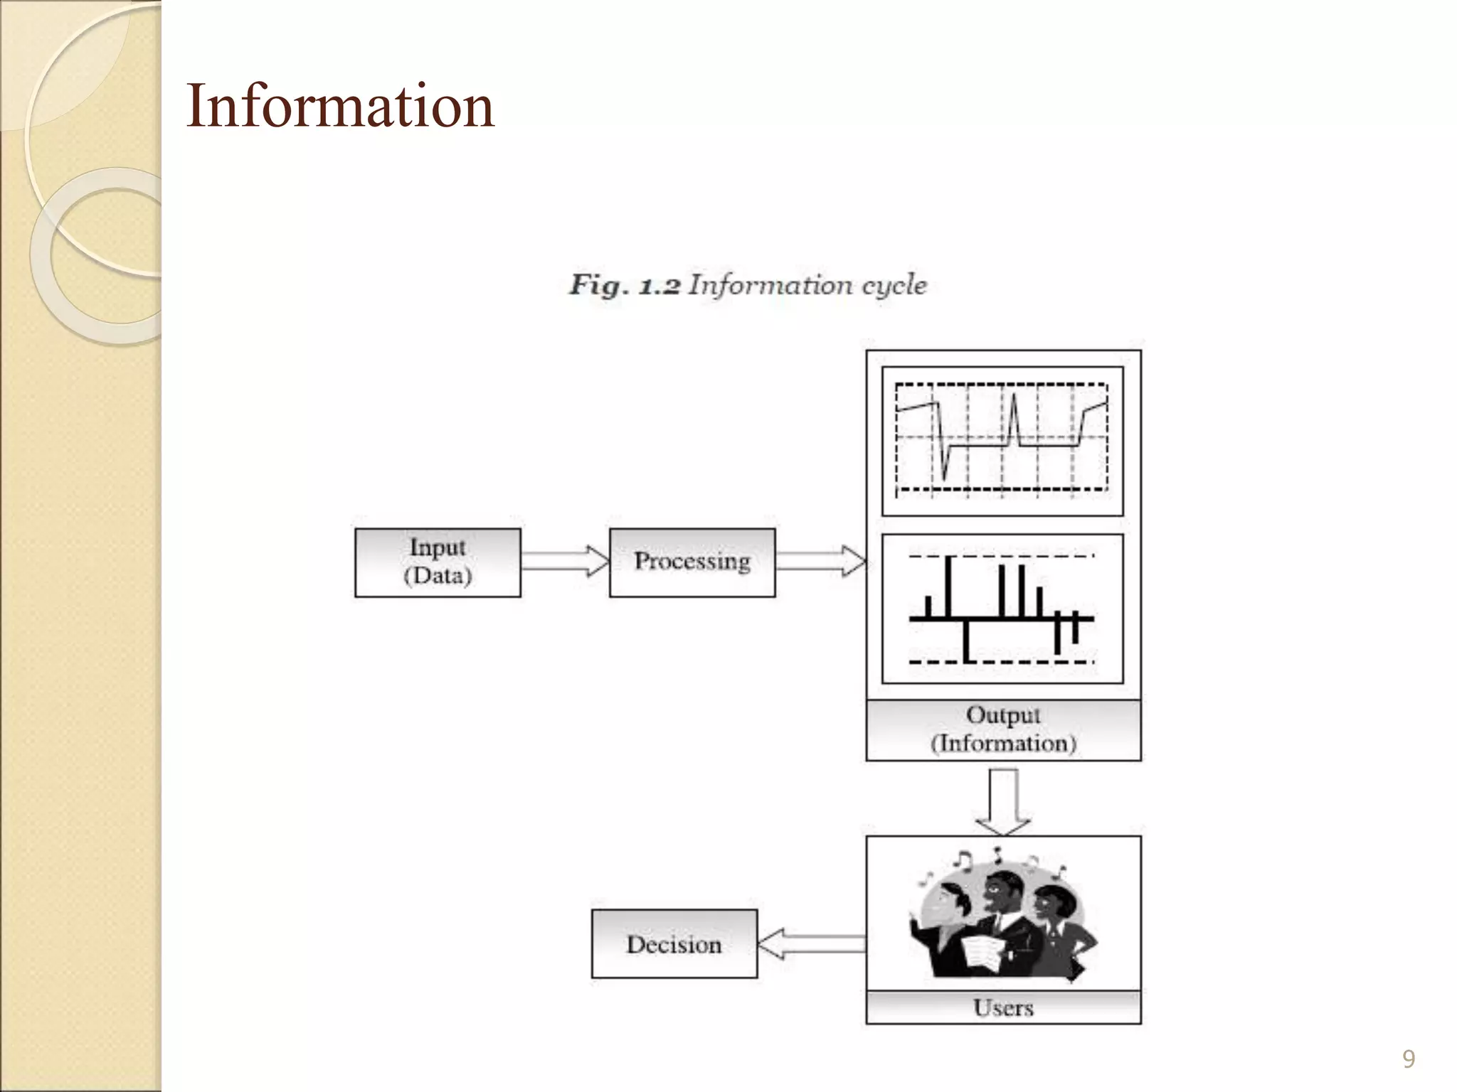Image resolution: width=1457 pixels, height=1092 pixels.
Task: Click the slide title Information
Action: click(340, 106)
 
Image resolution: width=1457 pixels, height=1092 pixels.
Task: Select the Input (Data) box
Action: click(438, 562)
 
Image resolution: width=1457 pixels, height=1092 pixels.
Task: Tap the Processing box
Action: click(692, 562)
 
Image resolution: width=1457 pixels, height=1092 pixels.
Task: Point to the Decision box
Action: click(674, 944)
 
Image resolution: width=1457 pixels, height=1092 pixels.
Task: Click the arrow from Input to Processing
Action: click(565, 562)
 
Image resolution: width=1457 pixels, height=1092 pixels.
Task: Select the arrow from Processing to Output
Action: click(820, 562)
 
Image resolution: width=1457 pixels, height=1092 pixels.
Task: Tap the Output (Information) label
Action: click(1003, 729)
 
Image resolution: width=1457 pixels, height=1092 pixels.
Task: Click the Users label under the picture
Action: click(1003, 1007)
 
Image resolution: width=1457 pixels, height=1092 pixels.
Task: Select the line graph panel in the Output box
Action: click(1002, 441)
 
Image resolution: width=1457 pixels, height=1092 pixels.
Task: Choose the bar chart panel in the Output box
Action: click(1002, 609)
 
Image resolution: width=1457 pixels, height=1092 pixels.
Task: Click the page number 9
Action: click(1408, 1059)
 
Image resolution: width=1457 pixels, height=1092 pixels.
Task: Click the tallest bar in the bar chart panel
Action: click(948, 587)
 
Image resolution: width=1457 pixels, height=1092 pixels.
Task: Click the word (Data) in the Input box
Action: click(438, 575)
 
